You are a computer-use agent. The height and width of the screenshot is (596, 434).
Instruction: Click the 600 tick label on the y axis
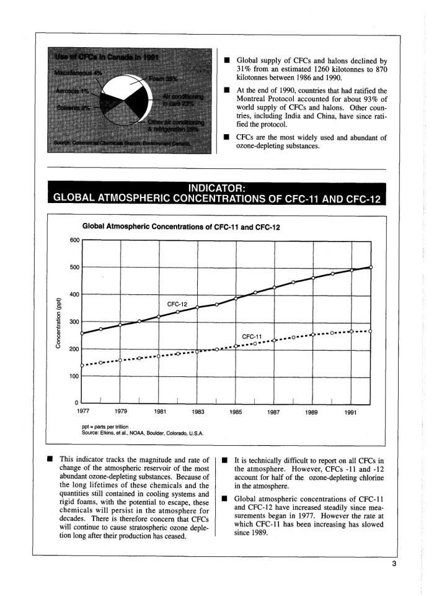pos(74,241)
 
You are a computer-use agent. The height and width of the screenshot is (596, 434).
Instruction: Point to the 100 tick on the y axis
pos(74,376)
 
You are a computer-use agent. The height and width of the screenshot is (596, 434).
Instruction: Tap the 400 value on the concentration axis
pos(74,294)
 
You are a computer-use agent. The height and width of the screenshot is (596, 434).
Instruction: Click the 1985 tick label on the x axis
pos(236,410)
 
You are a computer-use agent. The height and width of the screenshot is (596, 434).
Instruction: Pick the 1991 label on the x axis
pos(351,410)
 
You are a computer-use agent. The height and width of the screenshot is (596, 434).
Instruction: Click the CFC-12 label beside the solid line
pos(177,304)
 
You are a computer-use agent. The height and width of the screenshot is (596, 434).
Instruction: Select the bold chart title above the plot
pos(181,227)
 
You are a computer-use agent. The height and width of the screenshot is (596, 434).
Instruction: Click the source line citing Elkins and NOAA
pos(143,432)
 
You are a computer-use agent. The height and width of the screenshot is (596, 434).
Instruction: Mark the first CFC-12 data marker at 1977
pos(82,333)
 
